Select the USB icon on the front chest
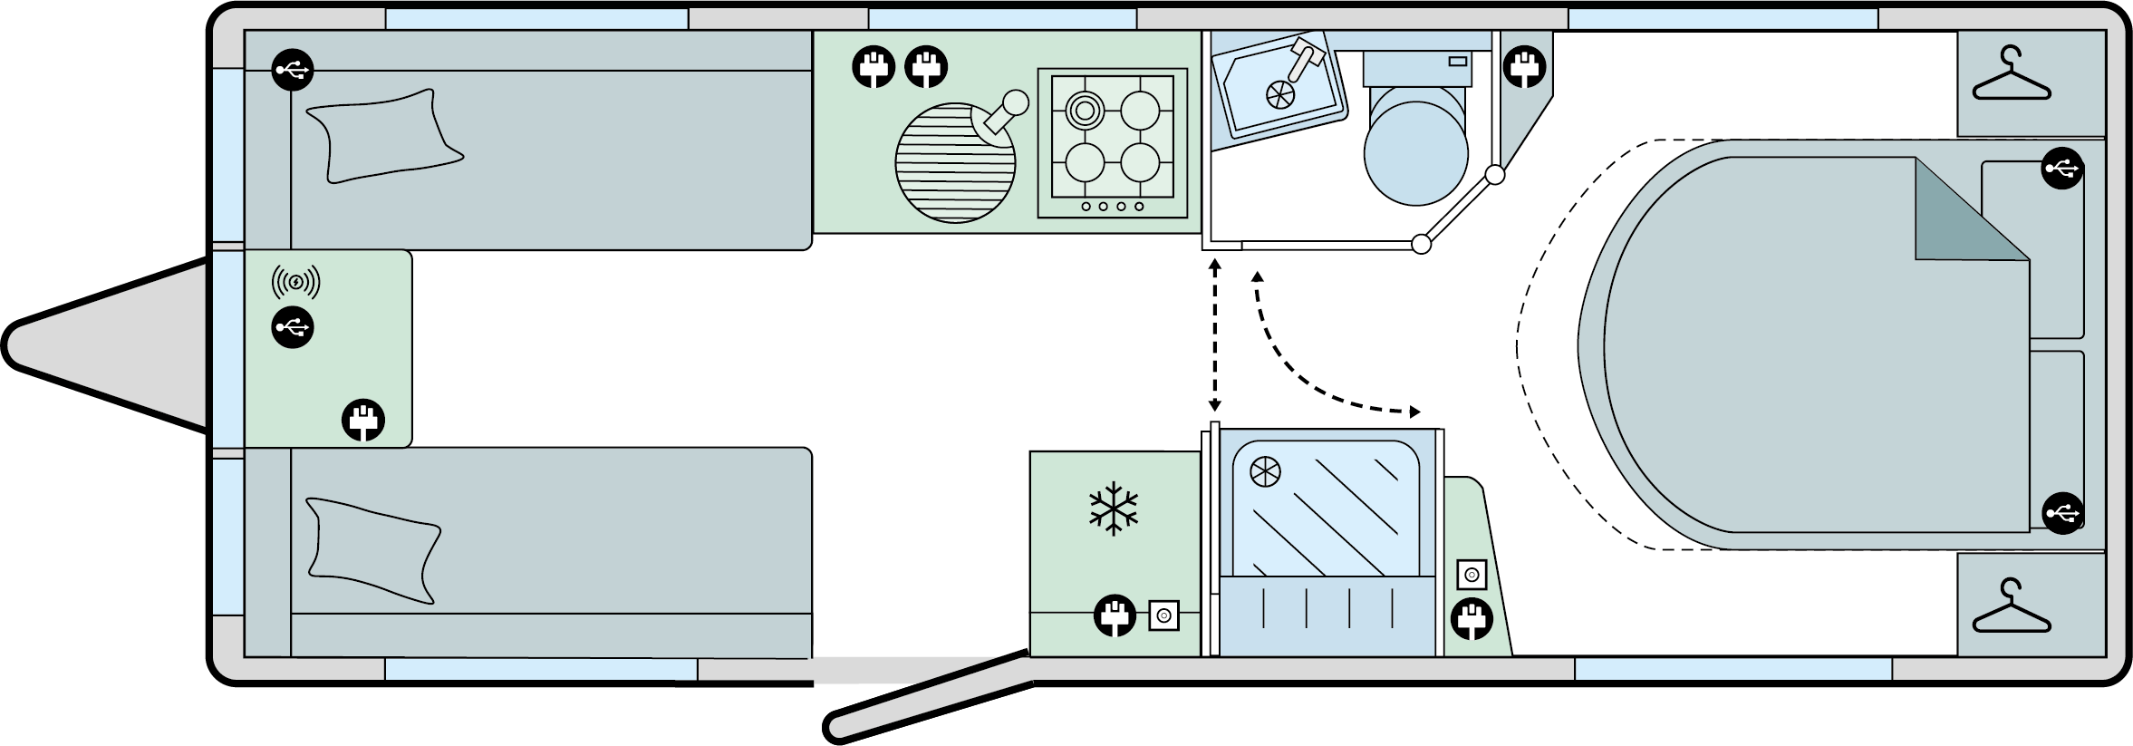point(293,327)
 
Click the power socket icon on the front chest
point(363,421)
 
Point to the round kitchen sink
point(955,163)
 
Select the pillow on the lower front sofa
point(373,548)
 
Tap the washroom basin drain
point(1279,93)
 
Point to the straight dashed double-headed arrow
point(1214,335)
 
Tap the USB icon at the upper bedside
point(2062,169)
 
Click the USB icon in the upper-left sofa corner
point(293,69)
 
